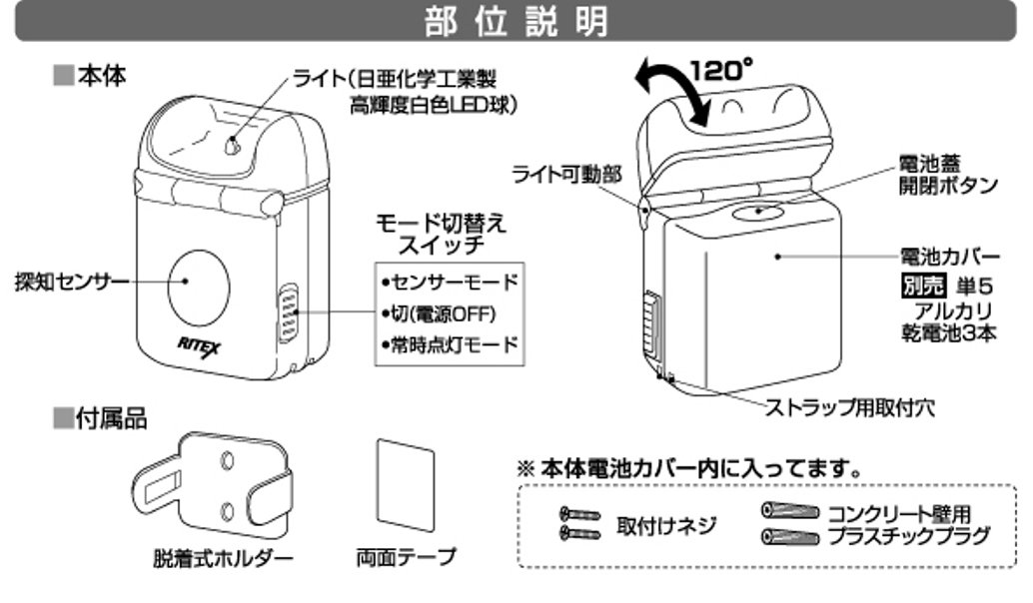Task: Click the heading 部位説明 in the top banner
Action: [x=516, y=21]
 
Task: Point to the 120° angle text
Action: [x=721, y=71]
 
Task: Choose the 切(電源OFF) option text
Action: [x=442, y=313]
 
